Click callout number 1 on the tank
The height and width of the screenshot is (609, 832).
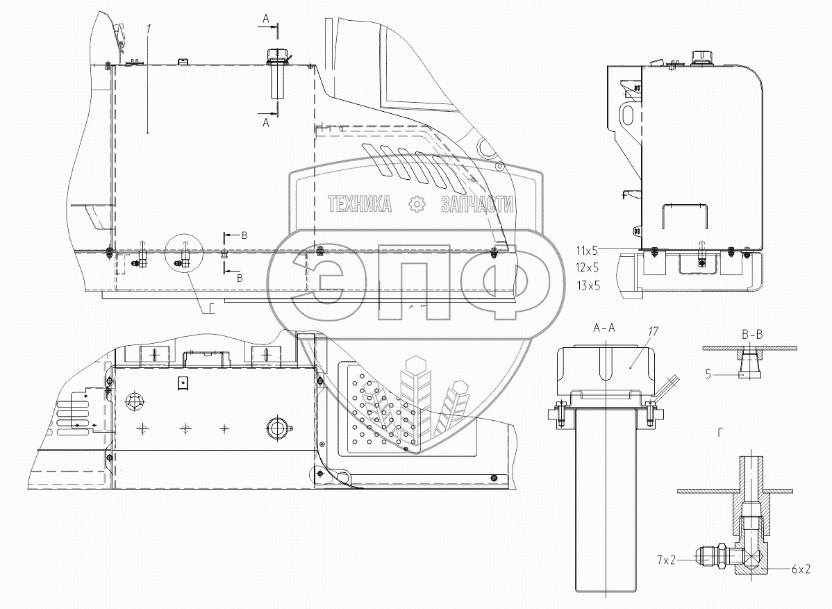point(148,29)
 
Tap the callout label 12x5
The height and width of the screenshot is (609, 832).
point(588,267)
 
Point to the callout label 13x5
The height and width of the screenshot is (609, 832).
point(588,285)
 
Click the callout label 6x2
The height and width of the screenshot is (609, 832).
point(800,569)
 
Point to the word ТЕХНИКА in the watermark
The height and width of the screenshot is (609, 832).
point(359,203)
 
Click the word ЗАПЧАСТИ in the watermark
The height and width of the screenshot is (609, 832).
point(477,203)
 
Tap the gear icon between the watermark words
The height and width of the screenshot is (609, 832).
point(416,203)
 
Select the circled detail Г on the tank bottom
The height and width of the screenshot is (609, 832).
point(186,258)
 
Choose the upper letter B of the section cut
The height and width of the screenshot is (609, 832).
point(244,235)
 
